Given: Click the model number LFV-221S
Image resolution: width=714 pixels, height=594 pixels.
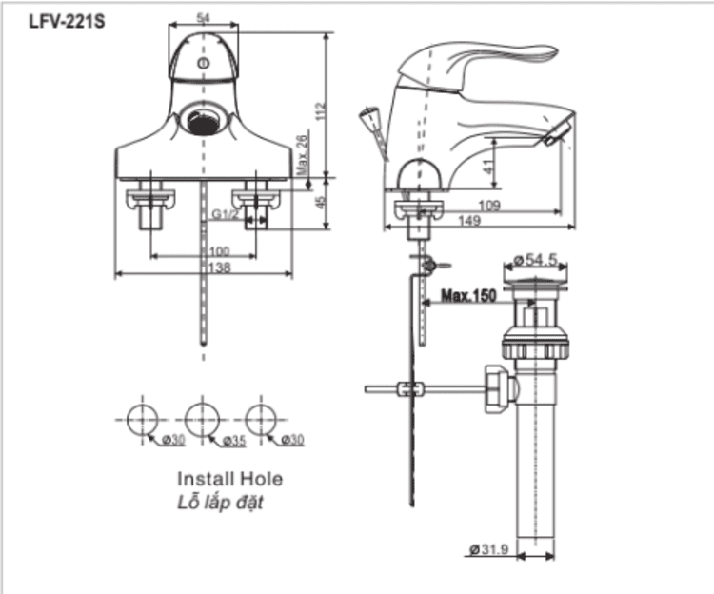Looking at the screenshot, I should tap(59, 19).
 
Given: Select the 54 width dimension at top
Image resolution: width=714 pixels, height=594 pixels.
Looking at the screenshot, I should tap(202, 17).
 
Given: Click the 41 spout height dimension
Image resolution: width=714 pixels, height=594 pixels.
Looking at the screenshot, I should tap(487, 163).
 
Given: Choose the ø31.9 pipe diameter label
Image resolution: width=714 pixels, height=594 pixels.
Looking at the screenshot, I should tap(487, 549).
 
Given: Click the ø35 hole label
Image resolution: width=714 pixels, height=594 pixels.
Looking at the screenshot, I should tap(233, 440).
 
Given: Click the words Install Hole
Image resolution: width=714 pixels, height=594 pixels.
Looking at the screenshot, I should tap(229, 479).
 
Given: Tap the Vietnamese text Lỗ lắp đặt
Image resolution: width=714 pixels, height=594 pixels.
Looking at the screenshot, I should tap(220, 503).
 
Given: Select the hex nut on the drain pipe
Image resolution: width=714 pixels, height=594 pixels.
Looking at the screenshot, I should tap(497, 386).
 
